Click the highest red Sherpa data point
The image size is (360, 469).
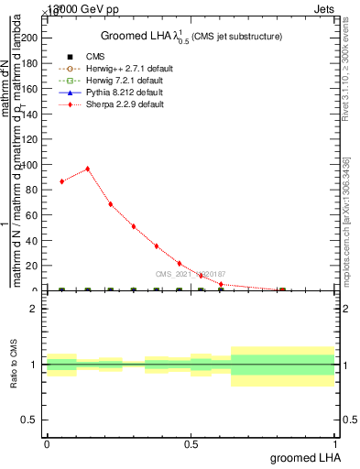tap(87, 169)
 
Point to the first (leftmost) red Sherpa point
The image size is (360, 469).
tap(61, 181)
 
